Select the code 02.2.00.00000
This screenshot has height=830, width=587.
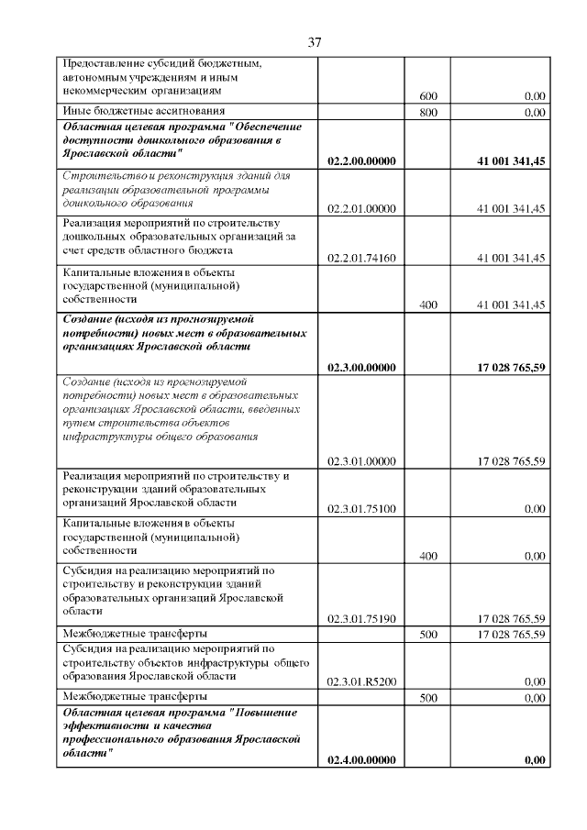361,160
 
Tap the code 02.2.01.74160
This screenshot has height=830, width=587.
361,258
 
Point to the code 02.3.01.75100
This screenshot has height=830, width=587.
361,508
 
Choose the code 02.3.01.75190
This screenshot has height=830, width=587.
361,618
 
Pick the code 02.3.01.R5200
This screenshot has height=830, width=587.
361,681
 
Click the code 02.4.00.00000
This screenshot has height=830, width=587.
361,759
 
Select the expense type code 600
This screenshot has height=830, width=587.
427,96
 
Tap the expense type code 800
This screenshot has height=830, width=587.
427,113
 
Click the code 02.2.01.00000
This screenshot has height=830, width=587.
361,209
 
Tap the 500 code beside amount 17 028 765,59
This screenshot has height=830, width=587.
427,634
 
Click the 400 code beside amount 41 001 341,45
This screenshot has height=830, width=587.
427,305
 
